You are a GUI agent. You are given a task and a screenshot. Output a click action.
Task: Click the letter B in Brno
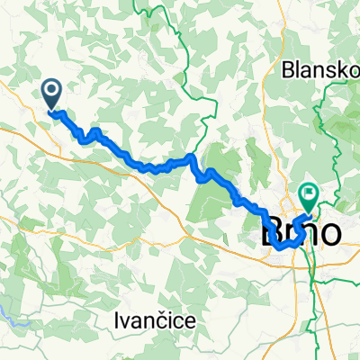pos(269,232)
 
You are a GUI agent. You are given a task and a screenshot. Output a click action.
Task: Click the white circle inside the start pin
pos(50,89)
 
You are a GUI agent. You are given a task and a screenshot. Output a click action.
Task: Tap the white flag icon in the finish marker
pos(310,190)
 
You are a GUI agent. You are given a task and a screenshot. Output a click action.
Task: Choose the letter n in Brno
pos(310,233)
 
